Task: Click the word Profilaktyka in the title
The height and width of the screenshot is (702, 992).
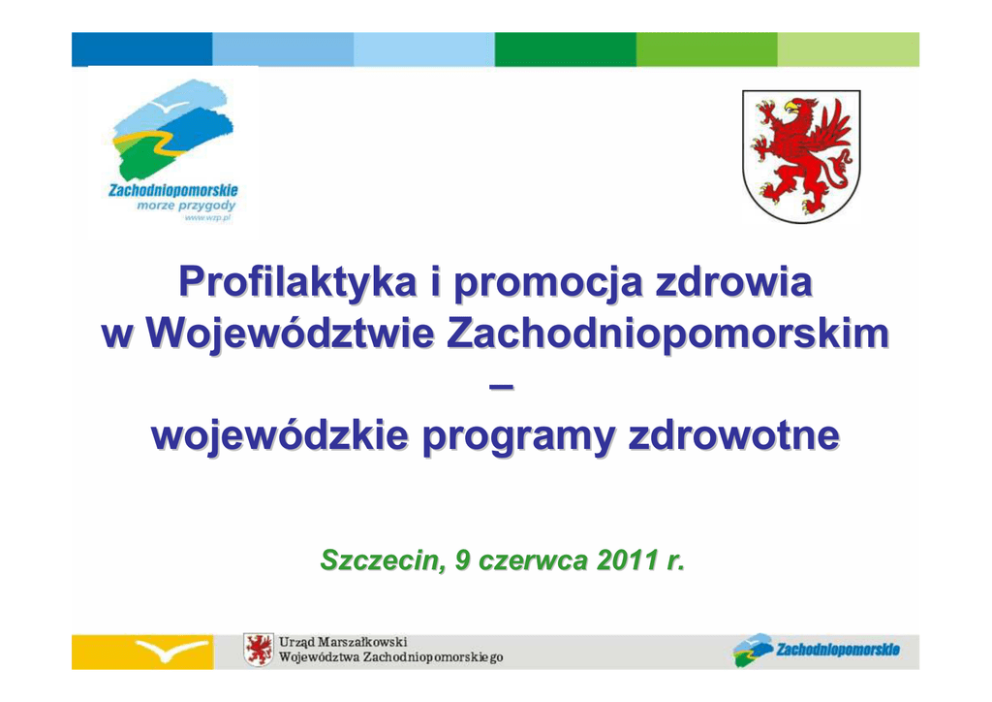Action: (298, 282)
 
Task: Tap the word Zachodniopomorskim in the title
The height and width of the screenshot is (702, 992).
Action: (668, 333)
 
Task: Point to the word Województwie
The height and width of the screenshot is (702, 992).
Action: (291, 333)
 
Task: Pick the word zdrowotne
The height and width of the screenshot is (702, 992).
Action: (734, 435)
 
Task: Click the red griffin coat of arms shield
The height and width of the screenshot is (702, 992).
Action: (801, 156)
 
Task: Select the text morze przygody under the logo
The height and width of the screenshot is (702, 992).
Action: (186, 206)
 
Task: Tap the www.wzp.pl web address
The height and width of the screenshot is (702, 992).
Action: (207, 218)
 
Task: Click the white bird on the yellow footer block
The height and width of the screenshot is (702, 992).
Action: (170, 650)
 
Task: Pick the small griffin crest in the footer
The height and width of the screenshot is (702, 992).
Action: (259, 650)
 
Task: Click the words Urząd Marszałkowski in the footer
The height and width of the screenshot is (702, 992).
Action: (343, 643)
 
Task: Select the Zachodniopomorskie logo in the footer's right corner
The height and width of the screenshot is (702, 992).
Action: (816, 650)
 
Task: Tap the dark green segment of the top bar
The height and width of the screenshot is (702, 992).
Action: (566, 49)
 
